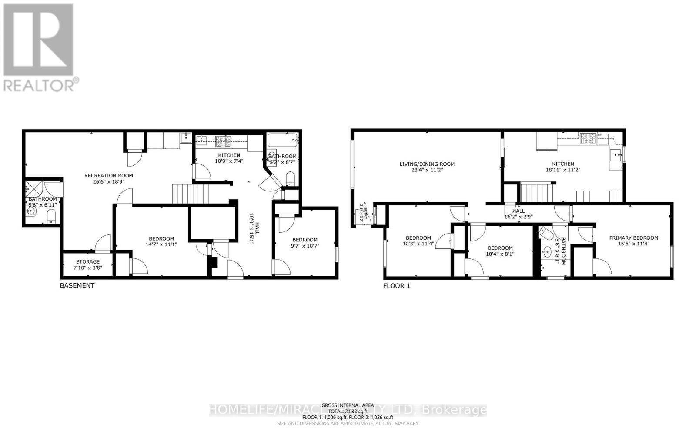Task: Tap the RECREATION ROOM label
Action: pos(108,176)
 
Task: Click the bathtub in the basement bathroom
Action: pos(283,140)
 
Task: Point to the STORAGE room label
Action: pos(88,262)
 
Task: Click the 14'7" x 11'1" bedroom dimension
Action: pos(161,244)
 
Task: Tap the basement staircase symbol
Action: pos(191,194)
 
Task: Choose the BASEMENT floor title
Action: pos(77,286)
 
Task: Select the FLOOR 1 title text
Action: pos(396,286)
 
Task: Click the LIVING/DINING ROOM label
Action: pos(427,164)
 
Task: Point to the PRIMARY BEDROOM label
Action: pos(633,238)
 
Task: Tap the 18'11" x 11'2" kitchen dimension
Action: pos(563,170)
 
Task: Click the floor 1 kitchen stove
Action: pos(588,139)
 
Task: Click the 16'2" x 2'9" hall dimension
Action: pos(519,217)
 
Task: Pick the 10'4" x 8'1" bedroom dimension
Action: pos(500,254)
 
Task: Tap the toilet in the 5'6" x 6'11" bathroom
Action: pos(51,216)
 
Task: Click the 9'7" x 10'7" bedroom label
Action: pos(304,240)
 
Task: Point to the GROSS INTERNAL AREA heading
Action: pos(348,405)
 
